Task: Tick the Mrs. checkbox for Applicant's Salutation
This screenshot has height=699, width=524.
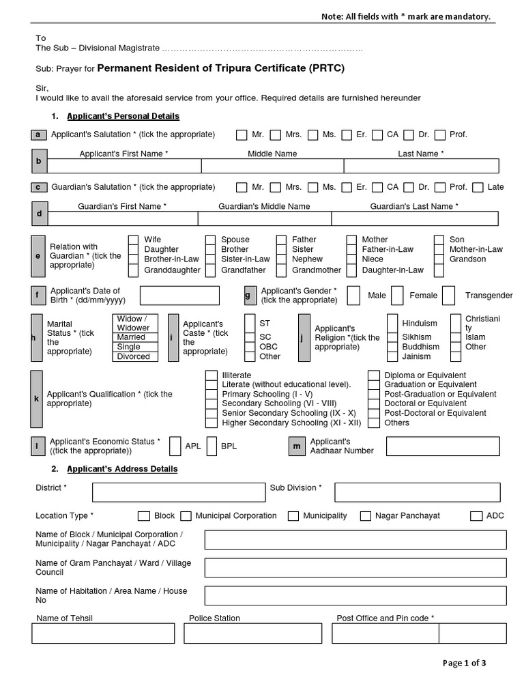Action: pos(276,134)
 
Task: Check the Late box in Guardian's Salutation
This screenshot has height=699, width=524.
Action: pos(478,187)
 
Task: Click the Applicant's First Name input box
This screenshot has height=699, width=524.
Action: pos(123,166)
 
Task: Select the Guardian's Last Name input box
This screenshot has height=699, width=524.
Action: pos(414,218)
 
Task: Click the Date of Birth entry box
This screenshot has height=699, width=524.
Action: pos(179,296)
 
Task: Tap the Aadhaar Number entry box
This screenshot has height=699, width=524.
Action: pos(442,446)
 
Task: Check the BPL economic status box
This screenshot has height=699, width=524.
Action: pos(211,446)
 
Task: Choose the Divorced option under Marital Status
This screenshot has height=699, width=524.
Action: pos(135,356)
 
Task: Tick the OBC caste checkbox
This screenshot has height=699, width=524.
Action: pos(248,347)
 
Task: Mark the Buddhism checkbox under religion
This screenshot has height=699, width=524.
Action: pos(392,347)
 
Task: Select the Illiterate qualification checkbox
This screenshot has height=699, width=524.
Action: pos(211,375)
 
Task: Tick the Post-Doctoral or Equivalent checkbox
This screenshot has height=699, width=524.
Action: pos(374,413)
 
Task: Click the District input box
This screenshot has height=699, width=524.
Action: pos(179,492)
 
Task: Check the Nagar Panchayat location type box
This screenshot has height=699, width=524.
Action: pos(366,516)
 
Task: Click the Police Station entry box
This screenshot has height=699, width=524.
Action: pos(254,633)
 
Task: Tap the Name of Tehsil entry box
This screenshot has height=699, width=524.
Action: pos(103,633)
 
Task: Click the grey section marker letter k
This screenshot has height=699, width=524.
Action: pos(37,399)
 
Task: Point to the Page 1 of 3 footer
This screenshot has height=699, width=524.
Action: pos(464,663)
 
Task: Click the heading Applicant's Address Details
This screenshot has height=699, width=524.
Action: pos(122,469)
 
